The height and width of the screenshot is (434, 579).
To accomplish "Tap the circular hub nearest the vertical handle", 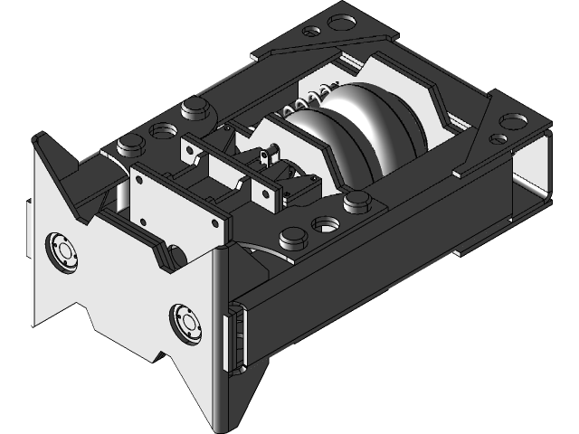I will coord(187,323).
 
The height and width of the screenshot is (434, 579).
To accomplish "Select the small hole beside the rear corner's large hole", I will coord(313,32).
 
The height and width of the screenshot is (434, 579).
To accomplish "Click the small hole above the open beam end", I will coord(497,138).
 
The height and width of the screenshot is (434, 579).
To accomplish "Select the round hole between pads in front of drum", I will coord(323,222).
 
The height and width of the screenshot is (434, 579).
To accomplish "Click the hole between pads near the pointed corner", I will coord(162,130).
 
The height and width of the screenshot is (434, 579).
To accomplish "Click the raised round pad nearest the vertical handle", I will coord(292,240).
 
